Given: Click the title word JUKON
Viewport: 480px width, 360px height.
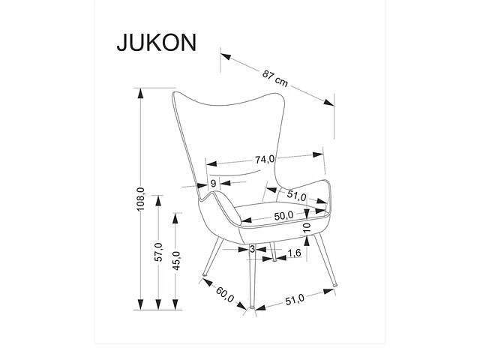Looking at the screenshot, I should click(156, 42).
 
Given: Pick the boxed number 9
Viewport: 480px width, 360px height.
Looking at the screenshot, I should click(214, 184).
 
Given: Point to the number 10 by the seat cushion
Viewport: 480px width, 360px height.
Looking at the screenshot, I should click(306, 227).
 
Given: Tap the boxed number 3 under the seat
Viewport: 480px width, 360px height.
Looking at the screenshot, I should click(253, 249).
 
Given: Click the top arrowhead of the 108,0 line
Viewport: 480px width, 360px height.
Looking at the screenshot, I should click(140, 101).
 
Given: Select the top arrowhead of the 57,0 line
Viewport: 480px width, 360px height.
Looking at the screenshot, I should click(157, 197).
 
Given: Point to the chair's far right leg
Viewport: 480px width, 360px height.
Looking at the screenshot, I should click(330, 263).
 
